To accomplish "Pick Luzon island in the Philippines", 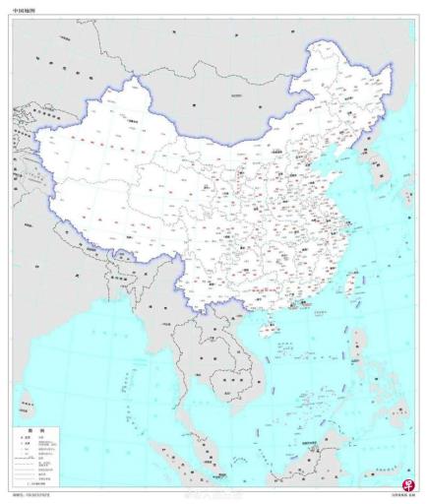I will coord(359,349).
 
